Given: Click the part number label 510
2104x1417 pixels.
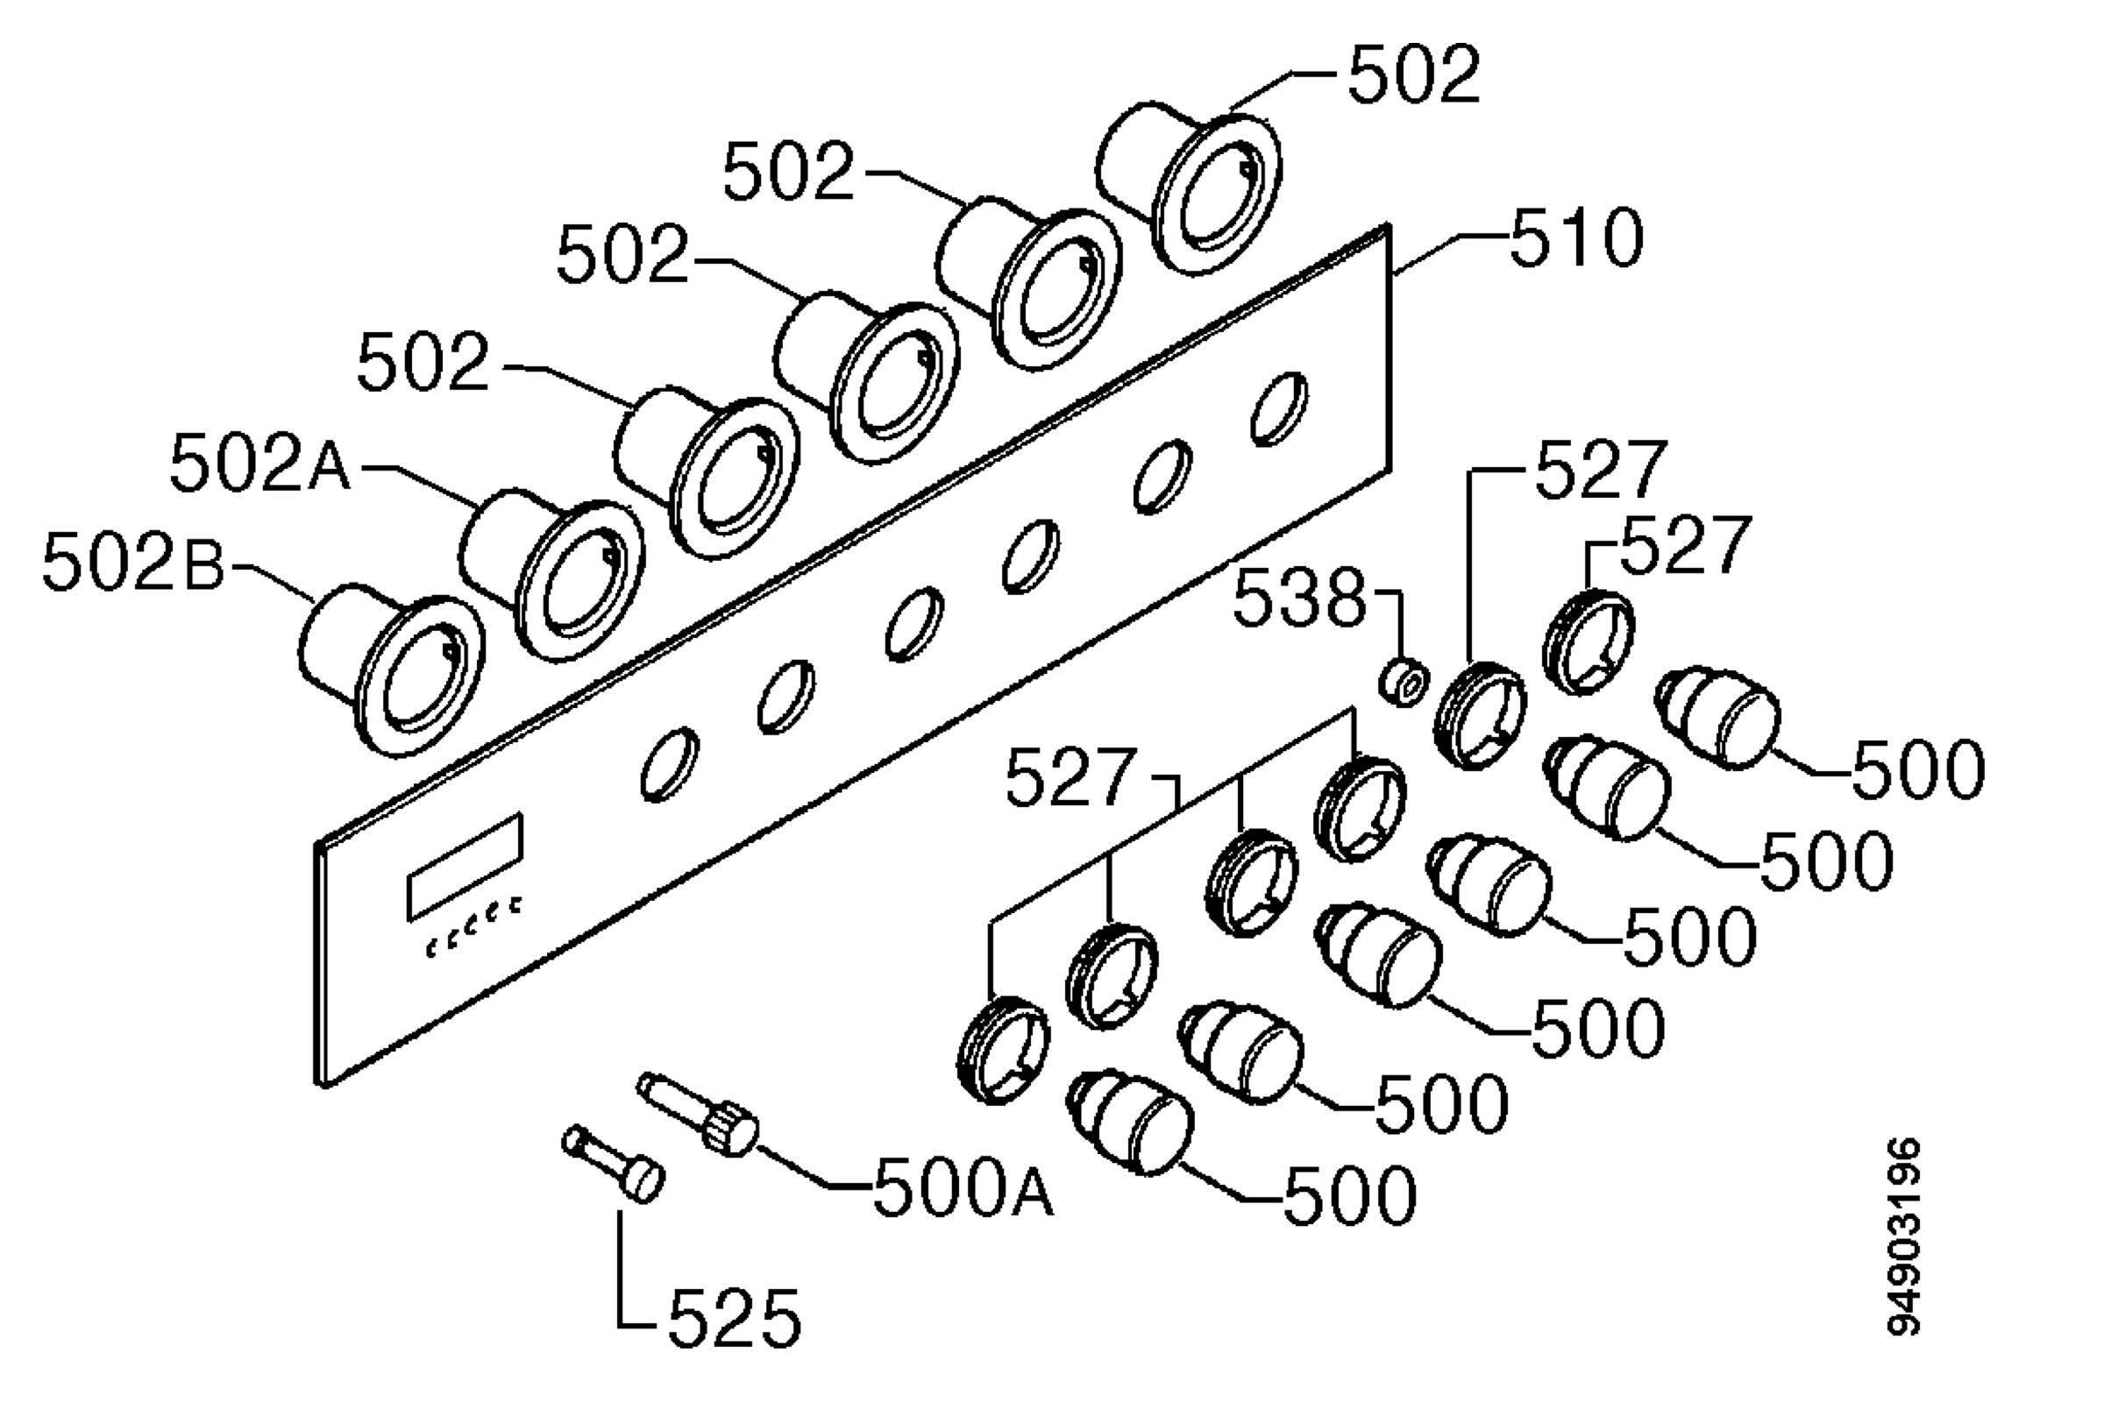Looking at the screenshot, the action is (x=1575, y=237).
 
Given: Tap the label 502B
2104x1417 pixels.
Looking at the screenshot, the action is (x=133, y=562).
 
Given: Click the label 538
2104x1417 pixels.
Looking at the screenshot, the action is (x=1298, y=599).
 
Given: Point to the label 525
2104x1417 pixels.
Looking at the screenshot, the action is (x=734, y=1319).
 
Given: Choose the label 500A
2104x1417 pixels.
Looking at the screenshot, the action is (x=963, y=1187).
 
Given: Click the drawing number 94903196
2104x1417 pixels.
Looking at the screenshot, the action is (x=1903, y=1236).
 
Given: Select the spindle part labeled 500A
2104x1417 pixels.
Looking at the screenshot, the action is (x=698, y=1113).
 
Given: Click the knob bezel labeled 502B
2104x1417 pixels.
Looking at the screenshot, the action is (x=391, y=670).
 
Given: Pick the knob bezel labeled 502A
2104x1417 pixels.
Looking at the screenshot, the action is (x=552, y=576).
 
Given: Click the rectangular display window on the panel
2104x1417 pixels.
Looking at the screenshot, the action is (x=466, y=867).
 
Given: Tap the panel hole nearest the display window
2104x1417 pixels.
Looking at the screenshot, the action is (x=669, y=763).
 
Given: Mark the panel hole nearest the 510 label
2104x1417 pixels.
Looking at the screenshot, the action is (x=1279, y=408).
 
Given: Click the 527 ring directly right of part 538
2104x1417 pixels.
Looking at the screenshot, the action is (x=1481, y=715).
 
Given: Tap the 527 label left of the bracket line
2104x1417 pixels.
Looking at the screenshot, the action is (x=1070, y=777).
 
